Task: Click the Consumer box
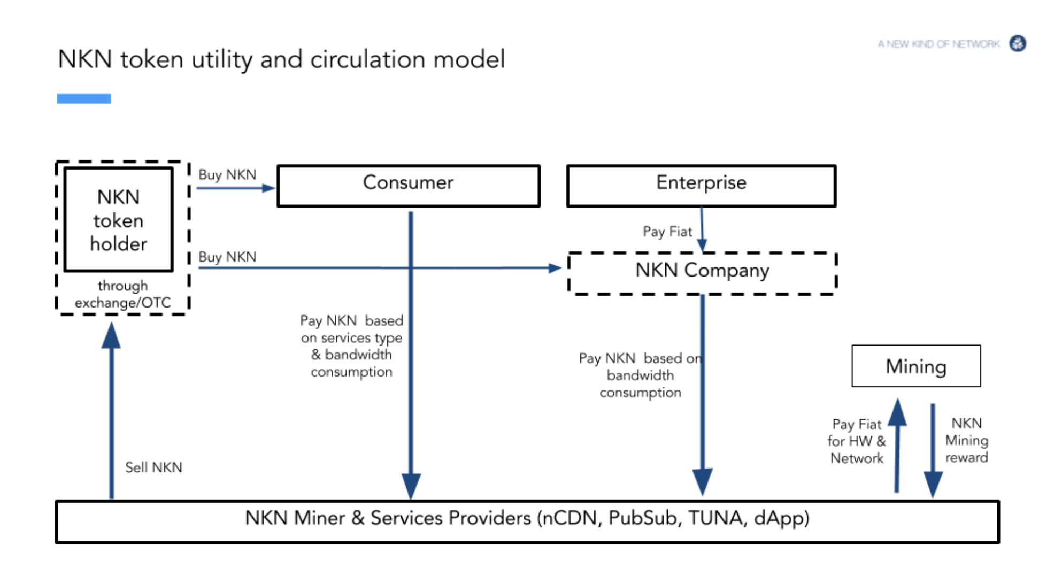(x=408, y=186)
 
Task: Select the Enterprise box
(x=701, y=186)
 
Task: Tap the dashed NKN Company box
(x=702, y=273)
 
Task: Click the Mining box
(x=915, y=366)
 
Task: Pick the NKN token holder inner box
(x=118, y=220)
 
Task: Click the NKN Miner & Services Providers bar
(x=527, y=521)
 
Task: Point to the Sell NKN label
(x=153, y=467)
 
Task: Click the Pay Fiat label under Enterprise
(x=667, y=232)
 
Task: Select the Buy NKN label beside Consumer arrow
(x=227, y=175)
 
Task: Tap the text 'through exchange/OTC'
(x=122, y=294)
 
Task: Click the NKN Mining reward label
(x=966, y=440)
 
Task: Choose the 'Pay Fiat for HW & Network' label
(x=857, y=441)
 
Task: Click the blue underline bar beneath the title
(x=84, y=98)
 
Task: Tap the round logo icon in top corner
(x=1017, y=43)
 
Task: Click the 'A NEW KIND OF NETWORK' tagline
(x=938, y=44)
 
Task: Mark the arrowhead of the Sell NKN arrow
(x=111, y=334)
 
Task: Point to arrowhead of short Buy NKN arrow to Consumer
(x=268, y=188)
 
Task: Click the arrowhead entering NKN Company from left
(x=555, y=267)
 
